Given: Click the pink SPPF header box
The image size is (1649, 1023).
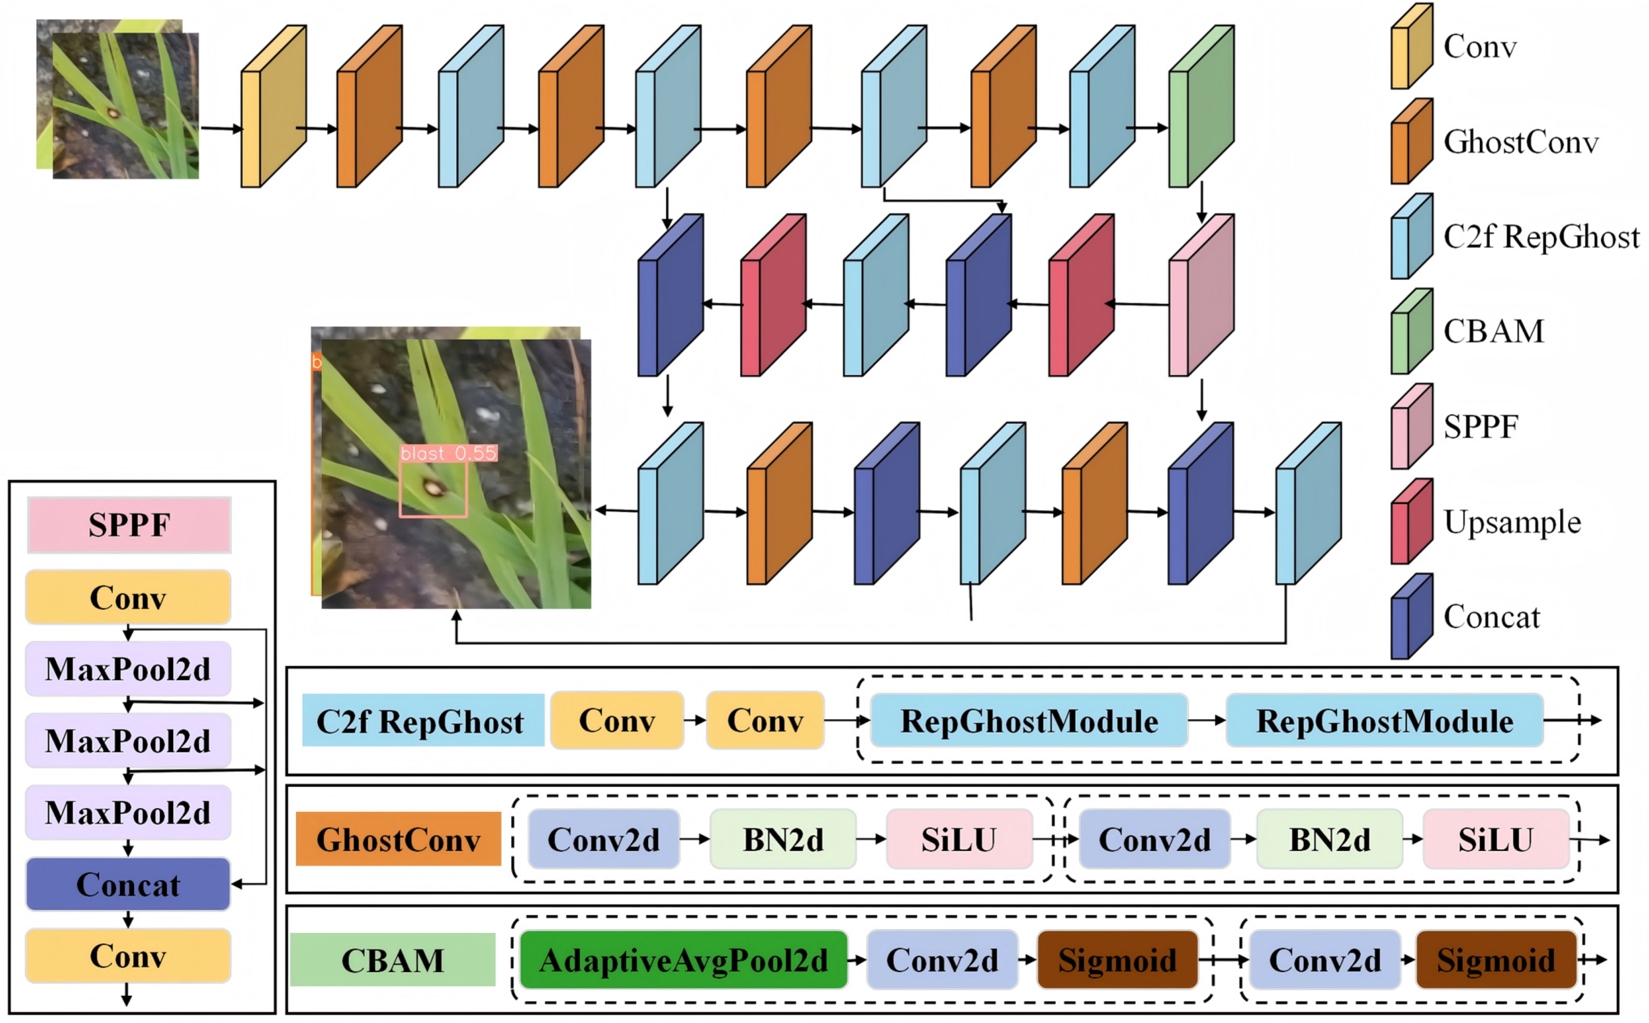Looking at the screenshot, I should (128, 525).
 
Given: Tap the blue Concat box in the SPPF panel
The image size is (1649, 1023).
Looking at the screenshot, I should (128, 885).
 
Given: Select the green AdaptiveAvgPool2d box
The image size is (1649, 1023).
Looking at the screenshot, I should (683, 959).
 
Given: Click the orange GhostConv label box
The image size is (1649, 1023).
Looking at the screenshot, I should (398, 839).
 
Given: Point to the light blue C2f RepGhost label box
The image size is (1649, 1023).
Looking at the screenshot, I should (422, 720).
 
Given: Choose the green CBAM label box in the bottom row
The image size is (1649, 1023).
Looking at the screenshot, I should (393, 959).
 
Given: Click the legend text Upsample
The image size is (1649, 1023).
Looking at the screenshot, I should (1512, 522).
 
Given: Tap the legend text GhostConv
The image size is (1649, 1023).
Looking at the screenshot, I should (1521, 142).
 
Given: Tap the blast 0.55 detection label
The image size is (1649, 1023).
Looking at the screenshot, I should (449, 453).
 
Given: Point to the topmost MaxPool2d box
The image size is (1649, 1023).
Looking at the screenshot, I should (128, 669).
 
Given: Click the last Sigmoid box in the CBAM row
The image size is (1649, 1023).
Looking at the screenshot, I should (1495, 959).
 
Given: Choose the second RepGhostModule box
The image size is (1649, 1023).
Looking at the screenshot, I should (1384, 720).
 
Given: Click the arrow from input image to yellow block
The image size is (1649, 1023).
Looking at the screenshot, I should (221, 128).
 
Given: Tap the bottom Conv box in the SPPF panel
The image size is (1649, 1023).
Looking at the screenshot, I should (128, 955).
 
